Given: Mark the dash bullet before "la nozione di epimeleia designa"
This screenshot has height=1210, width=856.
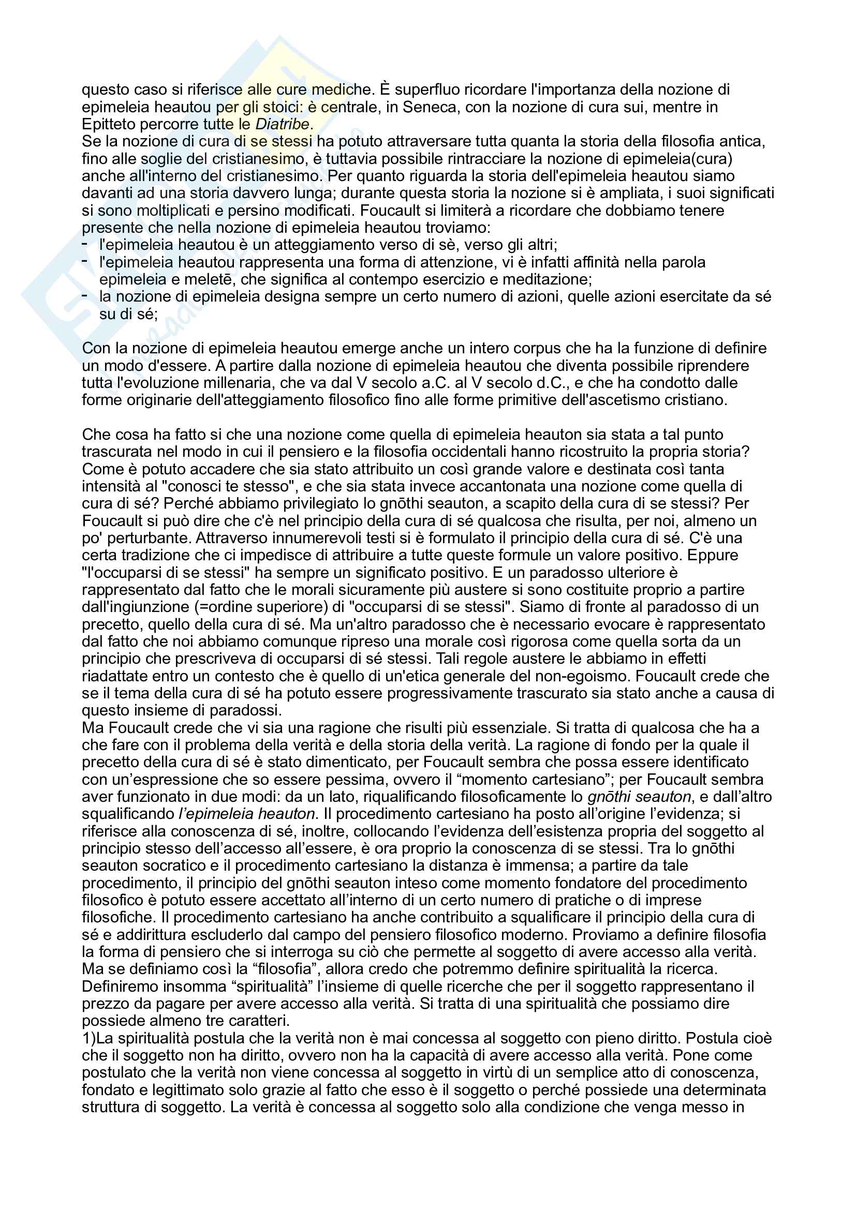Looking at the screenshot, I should (x=85, y=296).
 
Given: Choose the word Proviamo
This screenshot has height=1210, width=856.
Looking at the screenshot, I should (x=608, y=934).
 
